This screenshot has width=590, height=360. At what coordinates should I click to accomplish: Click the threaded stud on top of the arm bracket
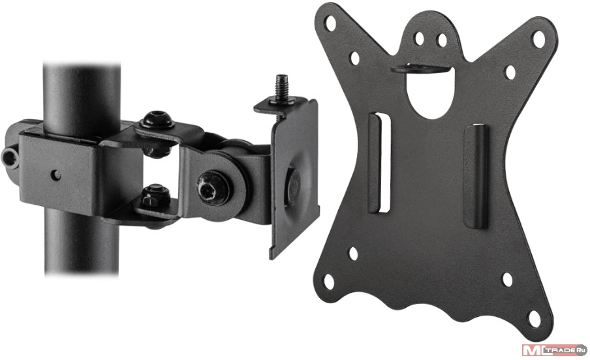(x=281, y=88)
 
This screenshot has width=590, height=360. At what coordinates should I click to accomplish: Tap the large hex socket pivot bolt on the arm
(x=213, y=187)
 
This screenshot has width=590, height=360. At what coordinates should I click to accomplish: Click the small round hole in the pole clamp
(x=55, y=175)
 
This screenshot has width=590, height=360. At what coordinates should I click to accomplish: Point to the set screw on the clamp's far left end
(x=8, y=158)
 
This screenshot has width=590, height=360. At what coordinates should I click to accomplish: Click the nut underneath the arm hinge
(x=156, y=195)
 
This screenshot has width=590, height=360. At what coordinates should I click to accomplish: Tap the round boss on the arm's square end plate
(x=294, y=187)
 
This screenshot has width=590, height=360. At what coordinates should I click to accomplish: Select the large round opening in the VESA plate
(x=431, y=94)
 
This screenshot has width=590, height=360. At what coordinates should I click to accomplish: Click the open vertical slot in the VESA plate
(x=384, y=162)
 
